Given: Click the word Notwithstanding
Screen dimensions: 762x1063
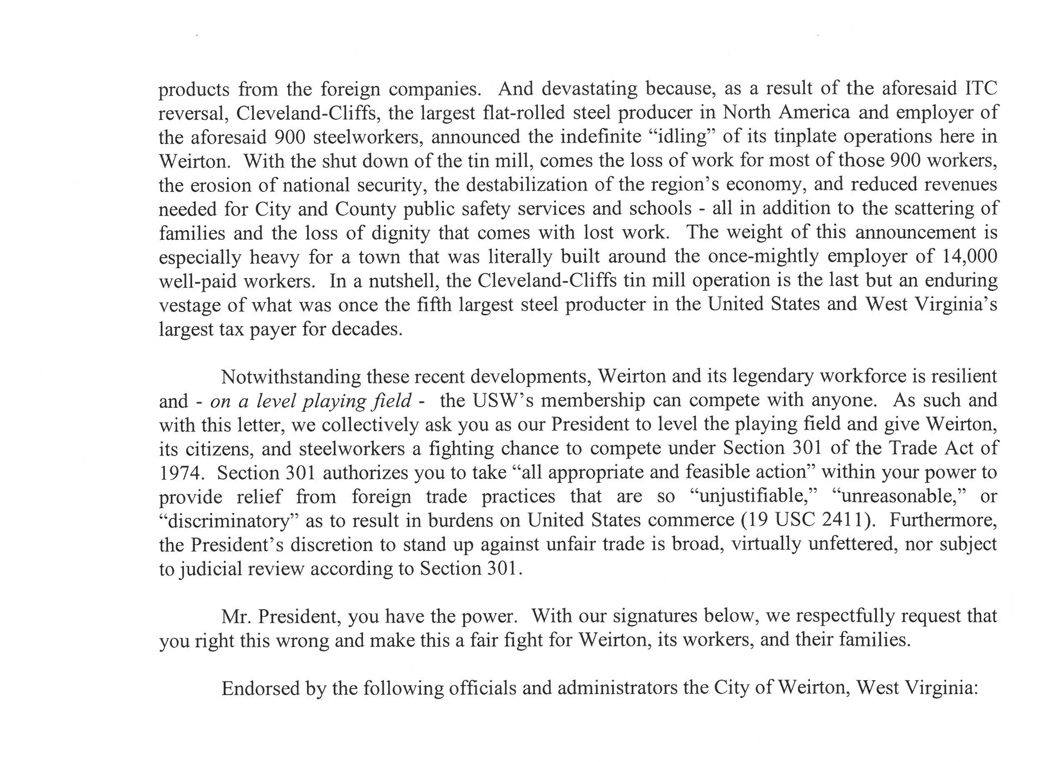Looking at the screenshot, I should (x=290, y=377).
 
